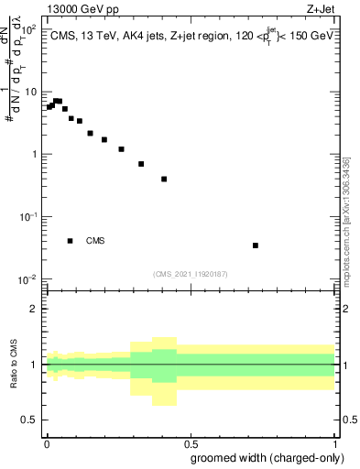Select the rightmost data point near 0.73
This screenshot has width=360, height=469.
(256, 245)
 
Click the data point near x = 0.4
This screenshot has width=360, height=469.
(164, 179)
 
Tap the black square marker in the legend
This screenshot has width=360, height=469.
(71, 241)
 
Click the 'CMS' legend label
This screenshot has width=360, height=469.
(95, 241)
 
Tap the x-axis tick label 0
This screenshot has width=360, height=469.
(46, 443)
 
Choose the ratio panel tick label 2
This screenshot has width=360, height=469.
(34, 309)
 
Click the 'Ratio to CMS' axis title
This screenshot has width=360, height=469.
(13, 364)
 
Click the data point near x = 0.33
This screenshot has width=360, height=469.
(141, 164)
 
